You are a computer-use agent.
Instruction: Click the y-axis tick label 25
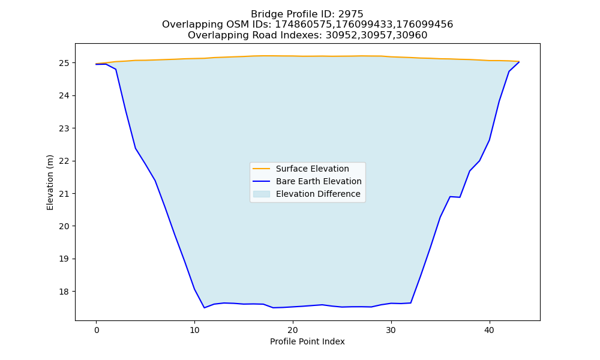pyautogui.click(x=64, y=63)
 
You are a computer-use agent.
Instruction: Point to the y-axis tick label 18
pyautogui.click(x=64, y=292)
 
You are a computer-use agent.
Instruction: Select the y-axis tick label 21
pyautogui.click(x=64, y=194)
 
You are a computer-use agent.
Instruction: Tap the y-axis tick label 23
pyautogui.click(x=64, y=128)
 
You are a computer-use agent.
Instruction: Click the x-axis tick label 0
pyautogui.click(x=97, y=330)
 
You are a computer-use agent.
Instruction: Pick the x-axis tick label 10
pyautogui.click(x=194, y=330)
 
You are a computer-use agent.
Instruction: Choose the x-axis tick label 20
pyautogui.click(x=293, y=330)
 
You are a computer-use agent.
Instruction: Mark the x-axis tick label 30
pyautogui.click(x=391, y=330)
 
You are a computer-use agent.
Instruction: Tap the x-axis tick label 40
pyautogui.click(x=490, y=330)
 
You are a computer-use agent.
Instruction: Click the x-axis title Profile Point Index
pyautogui.click(x=307, y=341)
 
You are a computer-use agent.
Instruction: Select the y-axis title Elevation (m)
pyautogui.click(x=50, y=182)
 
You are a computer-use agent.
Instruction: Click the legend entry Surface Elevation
pyautogui.click(x=312, y=169)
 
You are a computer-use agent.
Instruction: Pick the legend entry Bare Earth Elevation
pyautogui.click(x=319, y=181)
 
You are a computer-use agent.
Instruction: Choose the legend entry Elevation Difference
pyautogui.click(x=318, y=194)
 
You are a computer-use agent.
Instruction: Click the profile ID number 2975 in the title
pyautogui.click(x=350, y=14)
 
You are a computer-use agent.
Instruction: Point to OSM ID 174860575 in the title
pyautogui.click(x=304, y=25)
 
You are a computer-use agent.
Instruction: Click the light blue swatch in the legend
pyautogui.click(x=262, y=194)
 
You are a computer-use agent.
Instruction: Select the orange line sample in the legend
pyautogui.click(x=262, y=169)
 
